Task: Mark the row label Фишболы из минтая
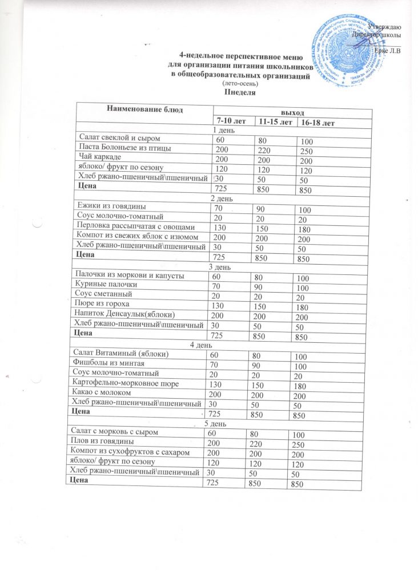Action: pos(106,363)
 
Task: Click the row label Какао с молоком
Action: pos(102,393)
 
